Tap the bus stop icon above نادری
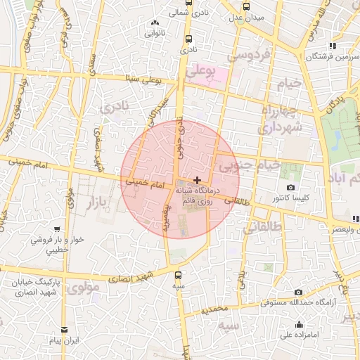(188, 39)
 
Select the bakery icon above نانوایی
(155, 23)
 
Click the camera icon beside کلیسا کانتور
(291, 188)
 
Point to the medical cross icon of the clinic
(197, 181)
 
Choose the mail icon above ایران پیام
(65, 329)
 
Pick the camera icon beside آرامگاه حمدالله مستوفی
(298, 292)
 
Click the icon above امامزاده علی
(300, 324)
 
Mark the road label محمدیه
(215, 309)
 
